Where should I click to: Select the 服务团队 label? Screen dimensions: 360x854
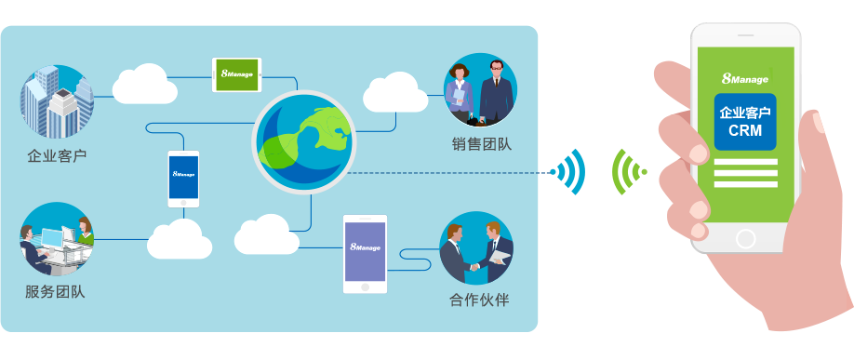click(x=55, y=292)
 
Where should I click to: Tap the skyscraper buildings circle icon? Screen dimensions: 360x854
click(x=57, y=101)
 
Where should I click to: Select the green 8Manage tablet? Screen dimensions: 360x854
click(x=237, y=74)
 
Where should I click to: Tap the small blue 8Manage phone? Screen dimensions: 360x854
click(x=183, y=178)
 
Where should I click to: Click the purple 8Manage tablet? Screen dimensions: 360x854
click(x=365, y=253)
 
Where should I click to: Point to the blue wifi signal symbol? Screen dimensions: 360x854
click(x=570, y=172)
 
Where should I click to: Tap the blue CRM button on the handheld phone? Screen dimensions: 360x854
click(x=745, y=122)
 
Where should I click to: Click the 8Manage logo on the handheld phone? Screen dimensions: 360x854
click(x=744, y=79)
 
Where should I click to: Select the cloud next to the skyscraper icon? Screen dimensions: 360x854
click(x=145, y=84)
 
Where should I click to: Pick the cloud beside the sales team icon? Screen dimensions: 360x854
click(x=395, y=90)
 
